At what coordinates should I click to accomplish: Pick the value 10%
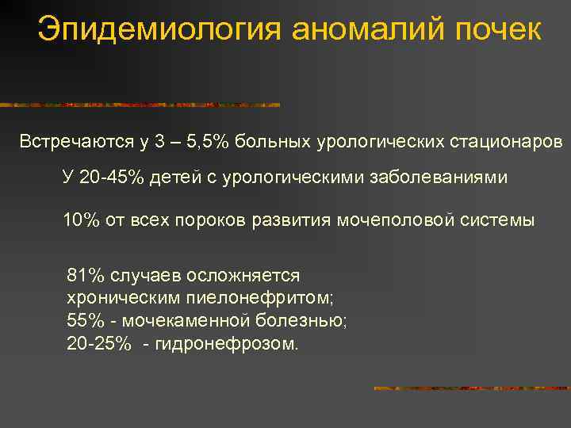[x=82, y=220]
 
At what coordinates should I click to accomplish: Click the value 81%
[x=86, y=276]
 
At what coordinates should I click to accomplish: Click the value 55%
[x=86, y=322]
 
